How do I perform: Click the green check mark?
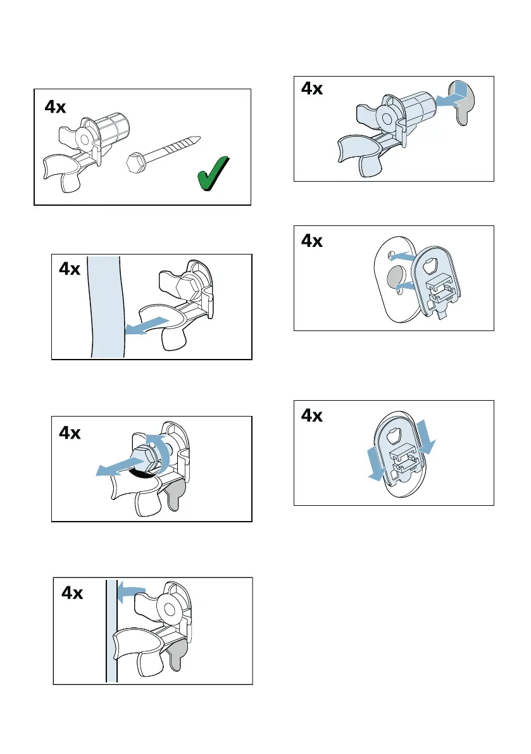click(213, 173)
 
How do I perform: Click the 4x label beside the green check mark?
click(55, 107)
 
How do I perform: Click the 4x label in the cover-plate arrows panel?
click(312, 415)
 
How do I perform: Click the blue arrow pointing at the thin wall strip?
click(131, 591)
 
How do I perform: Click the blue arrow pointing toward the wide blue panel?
click(147, 325)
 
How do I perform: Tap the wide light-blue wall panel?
click(106, 307)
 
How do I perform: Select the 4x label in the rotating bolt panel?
click(70, 433)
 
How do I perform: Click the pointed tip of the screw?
click(199, 138)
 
